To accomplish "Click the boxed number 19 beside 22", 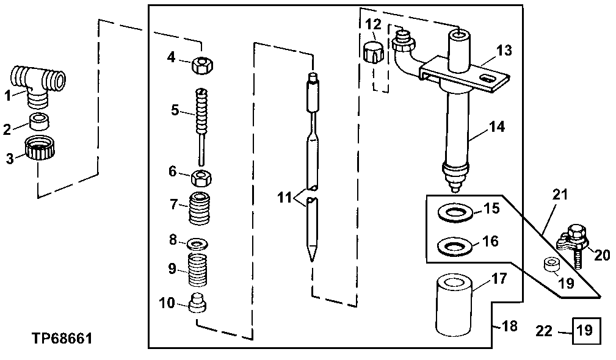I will pyautogui.click(x=585, y=331).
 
